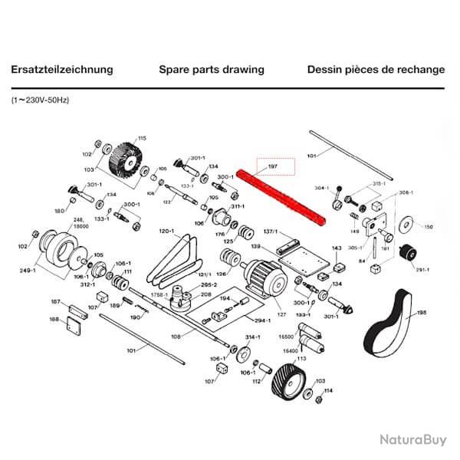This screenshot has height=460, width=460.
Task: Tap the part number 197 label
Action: pyautogui.click(x=271, y=167)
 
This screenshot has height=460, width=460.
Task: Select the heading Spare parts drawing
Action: pyautogui.click(x=212, y=70)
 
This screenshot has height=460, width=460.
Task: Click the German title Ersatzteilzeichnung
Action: pyautogui.click(x=62, y=70)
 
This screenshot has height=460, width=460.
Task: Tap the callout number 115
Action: pyautogui.click(x=141, y=138)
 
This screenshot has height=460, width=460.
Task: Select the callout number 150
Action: pyautogui.click(x=429, y=227)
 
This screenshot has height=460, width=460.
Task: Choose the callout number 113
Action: pyautogui.click(x=301, y=358)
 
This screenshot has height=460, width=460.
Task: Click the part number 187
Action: pyautogui.click(x=54, y=303)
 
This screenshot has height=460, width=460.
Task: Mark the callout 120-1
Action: pyautogui.click(x=167, y=231)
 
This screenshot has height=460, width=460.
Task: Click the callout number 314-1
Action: pyautogui.click(x=254, y=337)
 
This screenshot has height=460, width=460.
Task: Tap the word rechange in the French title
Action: pyautogui.click(x=422, y=70)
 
